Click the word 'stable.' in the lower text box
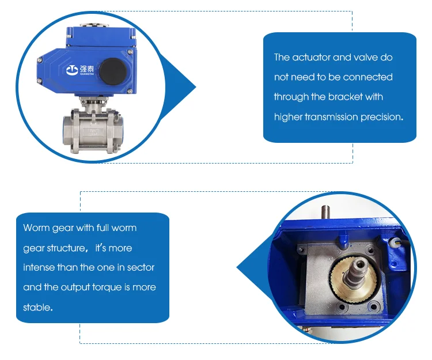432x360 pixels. point(38,307)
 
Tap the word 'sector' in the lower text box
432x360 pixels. point(141,267)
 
